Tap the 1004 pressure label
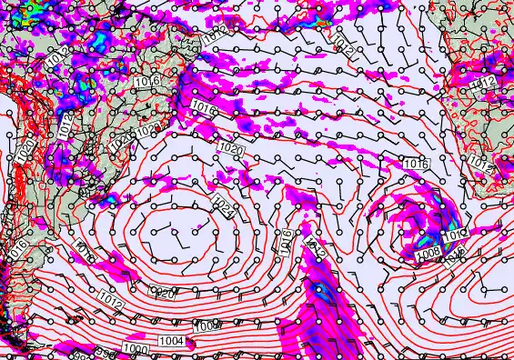(171, 341)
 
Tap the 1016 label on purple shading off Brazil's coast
(204, 109)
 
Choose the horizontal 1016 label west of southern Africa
(416, 164)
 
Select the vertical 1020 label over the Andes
(25, 150)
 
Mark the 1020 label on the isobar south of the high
(162, 292)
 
